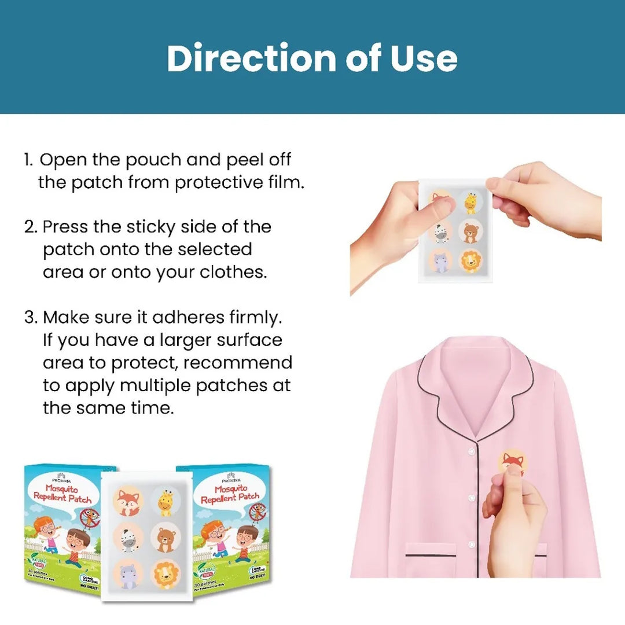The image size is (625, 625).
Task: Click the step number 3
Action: pos(30,317)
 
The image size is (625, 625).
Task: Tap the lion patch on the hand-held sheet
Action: pos(471,260)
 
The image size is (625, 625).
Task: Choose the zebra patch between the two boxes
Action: pos(128,539)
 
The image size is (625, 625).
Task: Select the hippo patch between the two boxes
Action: pos(128,575)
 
